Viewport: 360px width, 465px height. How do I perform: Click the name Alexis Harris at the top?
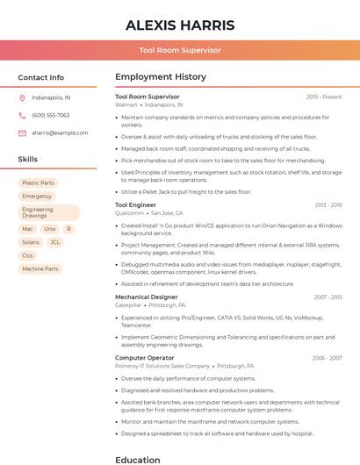[179, 25]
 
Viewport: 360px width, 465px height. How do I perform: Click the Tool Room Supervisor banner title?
[179, 51]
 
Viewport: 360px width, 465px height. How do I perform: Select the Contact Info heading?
[40, 77]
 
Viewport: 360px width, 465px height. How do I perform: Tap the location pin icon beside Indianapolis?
[22, 98]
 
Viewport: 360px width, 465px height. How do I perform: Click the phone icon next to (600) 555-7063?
[22, 115]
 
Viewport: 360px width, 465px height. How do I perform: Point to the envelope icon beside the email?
[22, 132]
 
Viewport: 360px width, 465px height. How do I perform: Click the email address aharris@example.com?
[60, 132]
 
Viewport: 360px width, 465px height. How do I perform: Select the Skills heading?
[27, 160]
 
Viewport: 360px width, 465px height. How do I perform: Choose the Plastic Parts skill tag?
[38, 182]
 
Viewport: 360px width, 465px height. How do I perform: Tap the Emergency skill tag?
[37, 197]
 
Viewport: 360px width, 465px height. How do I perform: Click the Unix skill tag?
[50, 229]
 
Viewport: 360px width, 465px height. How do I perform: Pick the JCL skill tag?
[55, 242]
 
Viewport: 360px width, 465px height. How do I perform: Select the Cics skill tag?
[27, 255]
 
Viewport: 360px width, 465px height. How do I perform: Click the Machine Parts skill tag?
[40, 268]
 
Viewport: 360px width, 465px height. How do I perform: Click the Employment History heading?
[161, 77]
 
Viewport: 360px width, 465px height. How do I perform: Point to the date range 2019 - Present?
[324, 97]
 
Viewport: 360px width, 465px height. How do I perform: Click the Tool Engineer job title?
[135, 204]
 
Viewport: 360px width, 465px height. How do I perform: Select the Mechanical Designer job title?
[146, 297]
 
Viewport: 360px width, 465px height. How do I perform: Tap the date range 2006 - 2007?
[327, 358]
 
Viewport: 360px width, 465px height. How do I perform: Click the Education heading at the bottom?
[138, 459]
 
